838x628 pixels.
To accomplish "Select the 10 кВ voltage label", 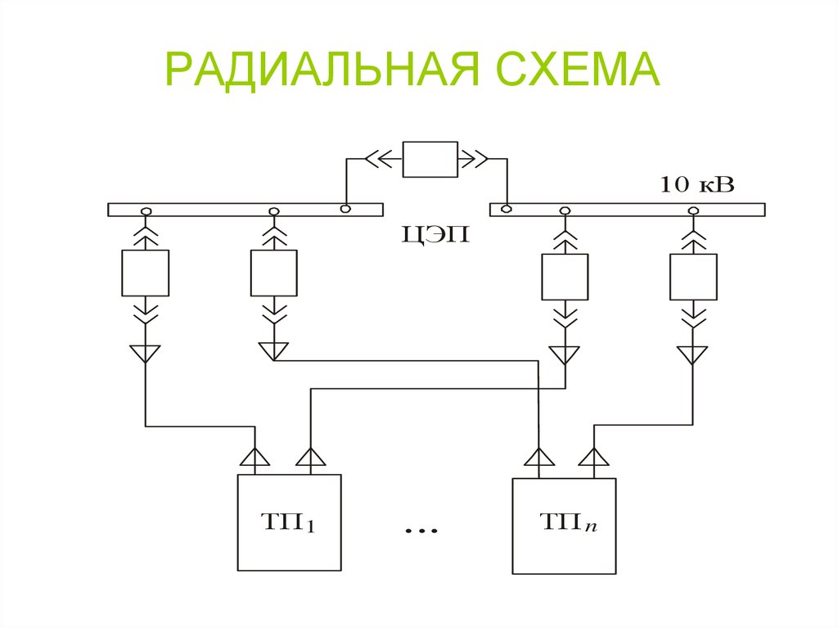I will click(x=697, y=185).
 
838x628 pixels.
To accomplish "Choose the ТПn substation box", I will click(x=564, y=525).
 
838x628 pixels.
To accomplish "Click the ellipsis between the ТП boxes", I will click(x=421, y=531).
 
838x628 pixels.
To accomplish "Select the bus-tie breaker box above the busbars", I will click(x=430, y=158).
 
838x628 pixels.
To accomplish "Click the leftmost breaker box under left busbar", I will click(x=145, y=273).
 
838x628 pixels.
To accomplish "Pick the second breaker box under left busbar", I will click(x=273, y=273).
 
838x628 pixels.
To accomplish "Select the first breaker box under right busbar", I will click(x=564, y=277).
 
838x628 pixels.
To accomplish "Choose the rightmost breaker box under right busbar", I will click(x=693, y=277).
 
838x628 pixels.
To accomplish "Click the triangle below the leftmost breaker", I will click(x=145, y=353).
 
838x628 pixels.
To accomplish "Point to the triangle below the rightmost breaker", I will click(x=692, y=354).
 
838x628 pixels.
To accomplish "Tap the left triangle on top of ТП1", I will click(x=256, y=458).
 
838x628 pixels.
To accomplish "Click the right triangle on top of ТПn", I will click(x=594, y=457).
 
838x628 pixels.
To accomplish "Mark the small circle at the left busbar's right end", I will click(x=345, y=210).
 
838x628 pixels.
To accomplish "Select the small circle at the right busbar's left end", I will click(x=507, y=210).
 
